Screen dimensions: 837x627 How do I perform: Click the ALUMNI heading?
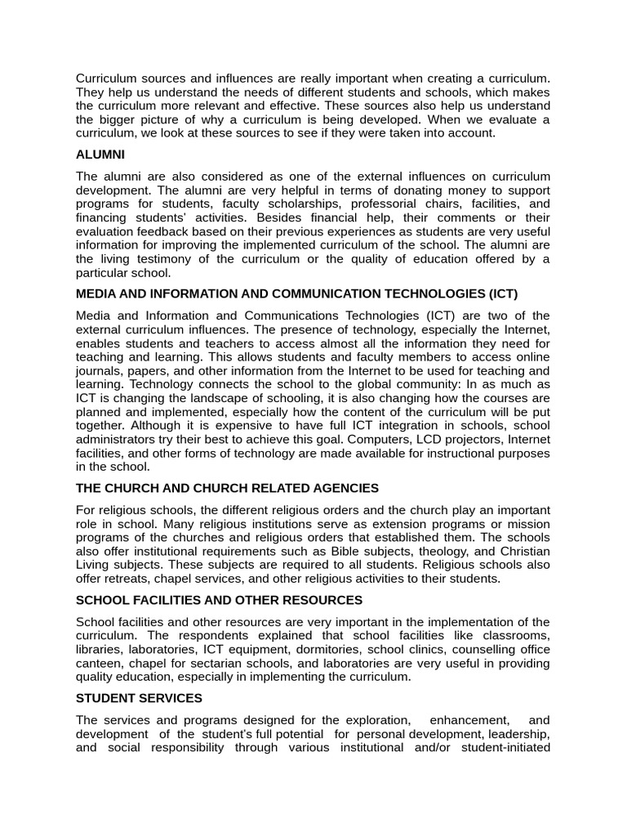tap(100, 154)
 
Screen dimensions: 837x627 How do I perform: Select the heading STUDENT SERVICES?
tap(139, 698)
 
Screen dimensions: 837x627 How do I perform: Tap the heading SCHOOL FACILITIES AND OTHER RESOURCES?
tap(219, 600)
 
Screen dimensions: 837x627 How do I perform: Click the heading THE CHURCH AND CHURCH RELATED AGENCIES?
tap(227, 488)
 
